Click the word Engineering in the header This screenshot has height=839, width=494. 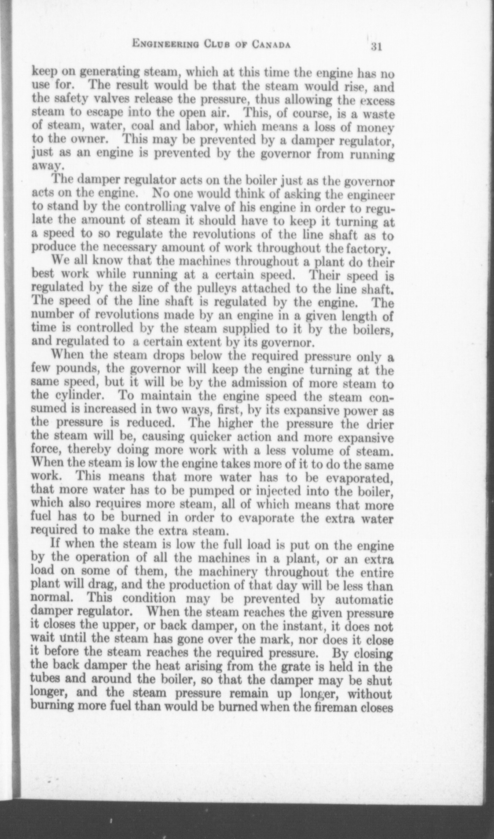point(165,44)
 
